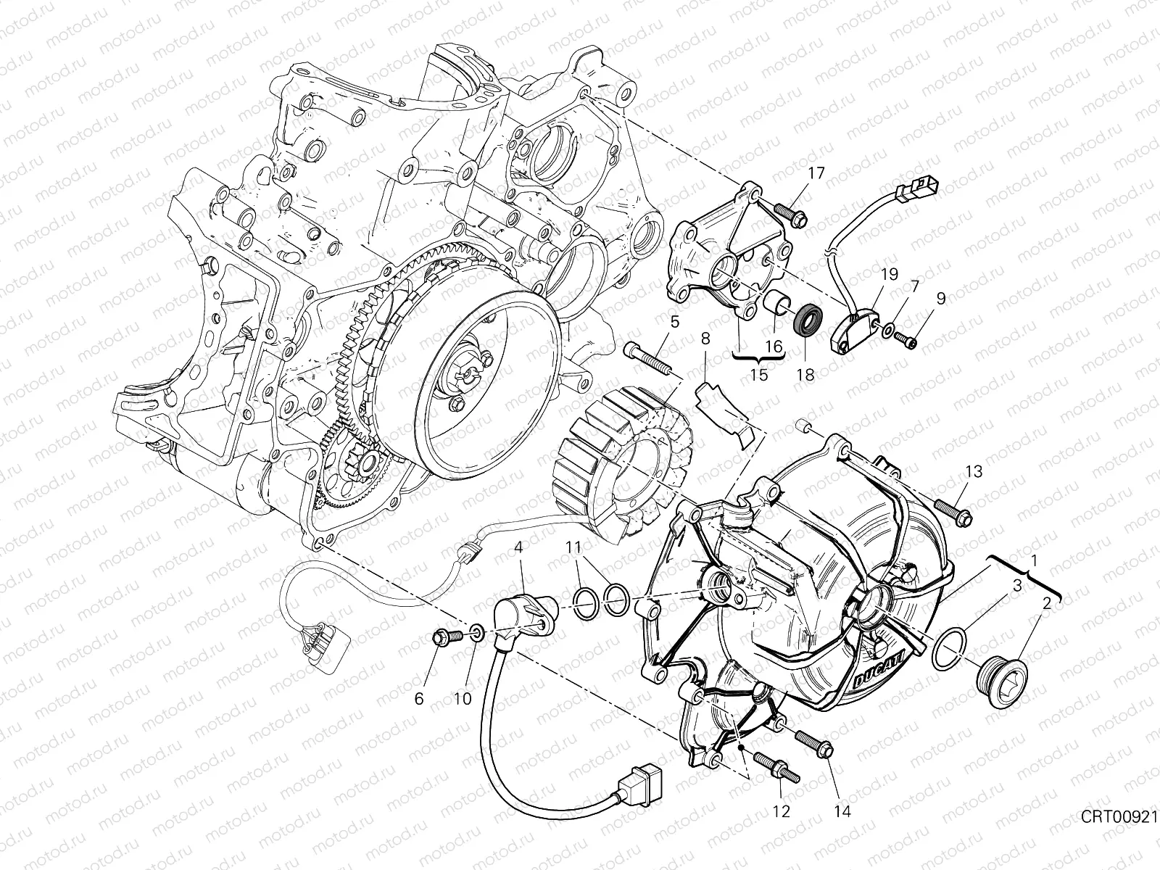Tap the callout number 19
tap(890, 274)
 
